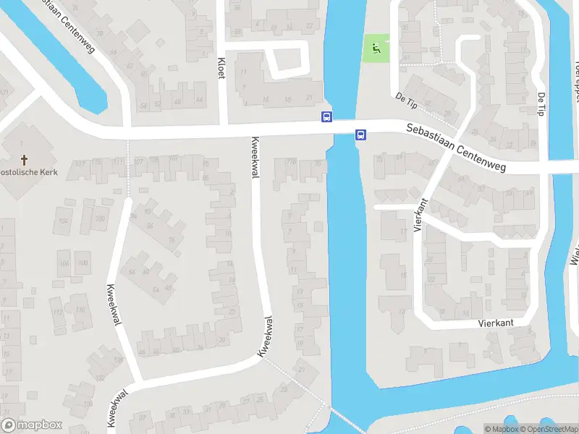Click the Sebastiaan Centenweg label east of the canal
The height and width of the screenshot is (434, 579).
coord(455,148)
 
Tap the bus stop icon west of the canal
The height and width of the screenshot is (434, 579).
coord(326,116)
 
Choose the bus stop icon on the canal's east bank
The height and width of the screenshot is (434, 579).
coord(360,134)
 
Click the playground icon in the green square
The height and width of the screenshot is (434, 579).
coord(375,48)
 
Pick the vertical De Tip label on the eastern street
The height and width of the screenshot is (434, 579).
coord(541,103)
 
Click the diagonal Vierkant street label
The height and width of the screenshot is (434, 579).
coord(419,216)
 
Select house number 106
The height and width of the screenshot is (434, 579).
coord(64,263)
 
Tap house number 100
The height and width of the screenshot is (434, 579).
coord(99,218)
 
